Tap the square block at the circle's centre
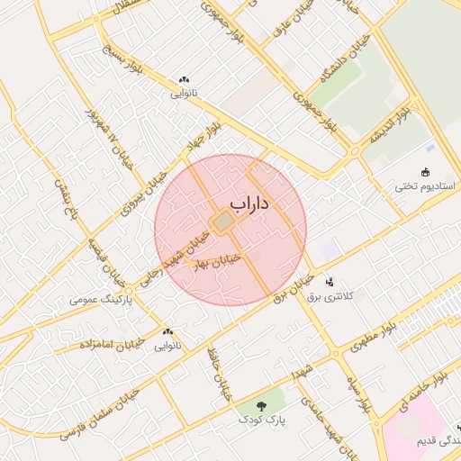click(222, 221)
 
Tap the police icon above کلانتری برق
click(329, 282)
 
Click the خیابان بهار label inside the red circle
click(222, 261)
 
